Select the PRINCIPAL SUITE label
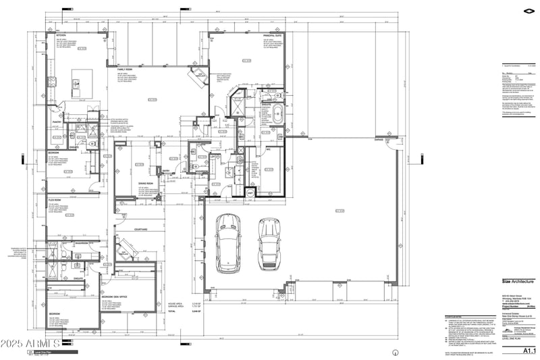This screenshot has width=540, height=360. [273, 36]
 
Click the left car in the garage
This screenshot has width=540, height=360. [225, 242]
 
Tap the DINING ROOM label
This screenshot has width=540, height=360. [146, 183]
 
